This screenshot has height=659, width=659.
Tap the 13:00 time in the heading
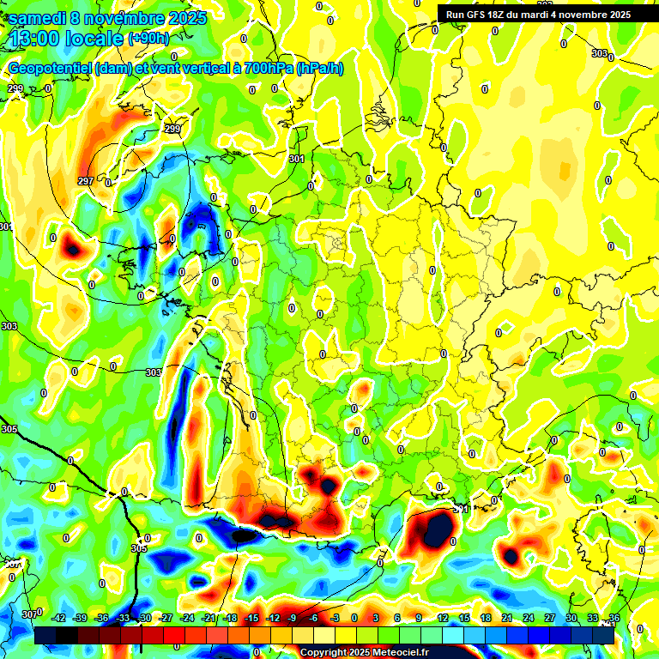pos(33,38)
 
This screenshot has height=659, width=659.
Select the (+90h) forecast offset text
pos(148,38)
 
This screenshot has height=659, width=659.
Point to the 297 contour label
pos(85,181)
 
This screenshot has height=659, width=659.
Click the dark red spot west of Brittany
pos(72,249)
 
